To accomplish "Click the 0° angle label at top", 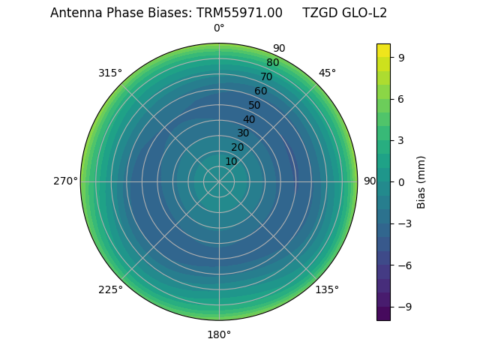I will [219, 28].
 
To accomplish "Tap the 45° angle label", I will [327, 73].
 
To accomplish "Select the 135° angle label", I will [327, 289].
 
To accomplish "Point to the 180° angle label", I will [219, 334].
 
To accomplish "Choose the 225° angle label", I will [110, 289].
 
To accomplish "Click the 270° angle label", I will [65, 181].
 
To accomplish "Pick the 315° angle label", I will [110, 73].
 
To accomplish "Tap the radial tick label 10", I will [231, 161].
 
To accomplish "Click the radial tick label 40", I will [249, 119].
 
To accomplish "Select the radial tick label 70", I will [266, 76].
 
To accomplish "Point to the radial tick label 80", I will [272, 63].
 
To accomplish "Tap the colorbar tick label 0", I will [402, 181].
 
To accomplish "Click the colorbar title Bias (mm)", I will [421, 181].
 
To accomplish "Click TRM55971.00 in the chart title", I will [240, 13].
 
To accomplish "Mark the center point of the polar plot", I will [219, 181].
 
